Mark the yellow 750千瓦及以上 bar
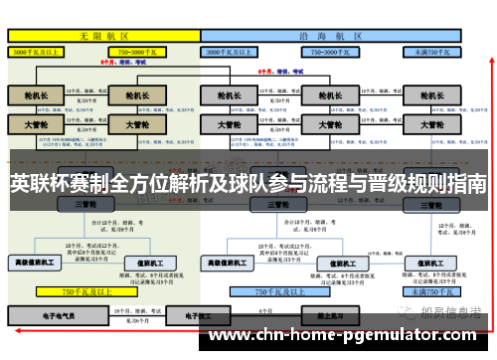(x=83, y=292)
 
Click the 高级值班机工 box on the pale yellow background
(x=36, y=263)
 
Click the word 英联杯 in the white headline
(x=37, y=184)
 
